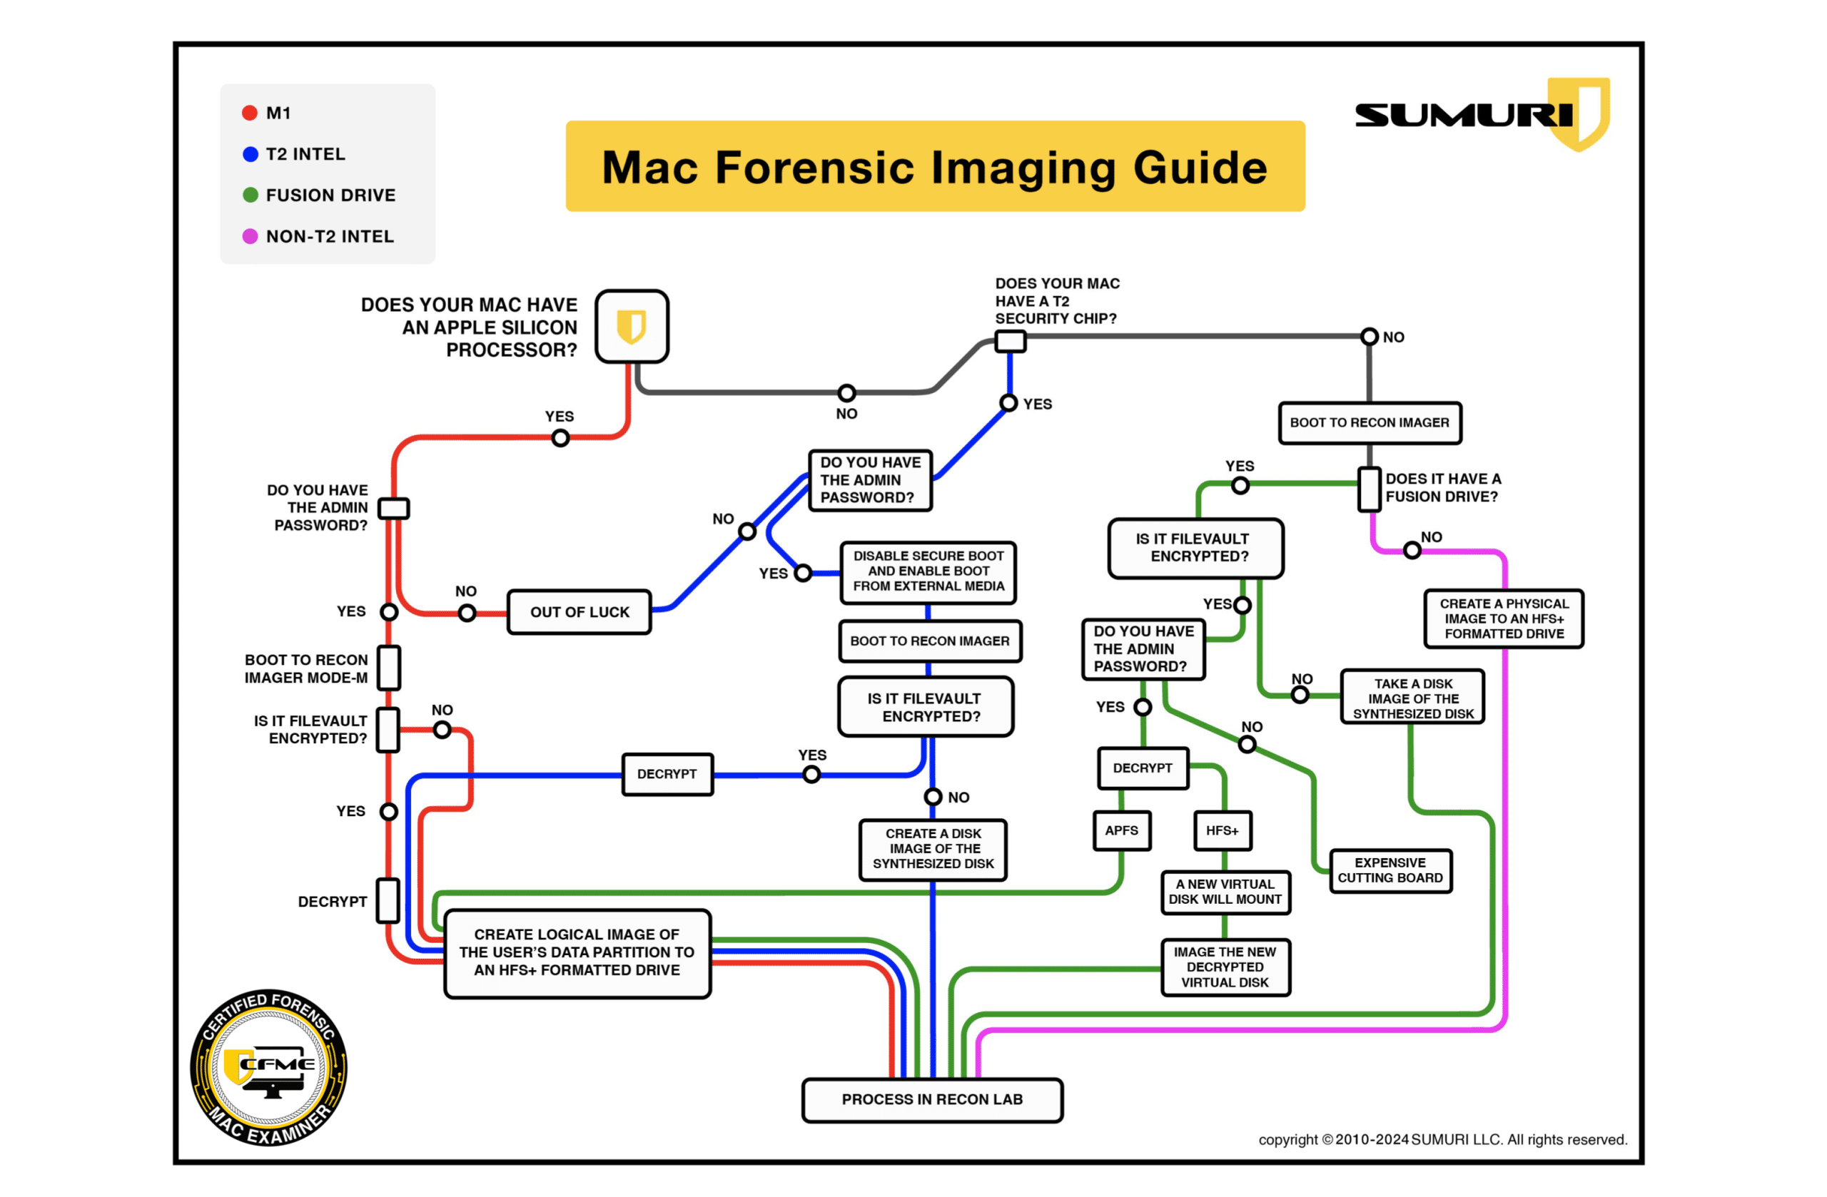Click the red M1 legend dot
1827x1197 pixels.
point(250,113)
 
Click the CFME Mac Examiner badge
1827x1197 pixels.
point(268,1067)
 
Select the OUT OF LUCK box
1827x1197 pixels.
point(579,612)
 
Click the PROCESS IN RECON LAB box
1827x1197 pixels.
point(932,1099)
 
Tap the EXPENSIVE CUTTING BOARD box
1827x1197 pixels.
point(1390,871)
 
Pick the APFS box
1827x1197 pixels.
point(1120,831)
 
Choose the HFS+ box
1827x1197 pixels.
point(1221,831)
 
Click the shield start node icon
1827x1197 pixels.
point(631,326)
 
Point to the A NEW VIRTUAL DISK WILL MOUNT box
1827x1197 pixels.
point(1225,892)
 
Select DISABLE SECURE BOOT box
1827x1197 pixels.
point(928,571)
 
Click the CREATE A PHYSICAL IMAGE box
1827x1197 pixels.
point(1503,618)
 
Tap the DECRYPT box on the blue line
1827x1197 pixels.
point(667,774)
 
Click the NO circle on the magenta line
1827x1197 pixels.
point(1411,550)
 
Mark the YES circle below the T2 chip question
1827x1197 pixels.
point(1008,404)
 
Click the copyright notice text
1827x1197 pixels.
point(1442,1139)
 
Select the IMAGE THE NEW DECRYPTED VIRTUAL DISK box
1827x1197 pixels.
point(1225,967)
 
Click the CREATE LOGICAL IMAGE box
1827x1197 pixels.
point(577,953)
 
